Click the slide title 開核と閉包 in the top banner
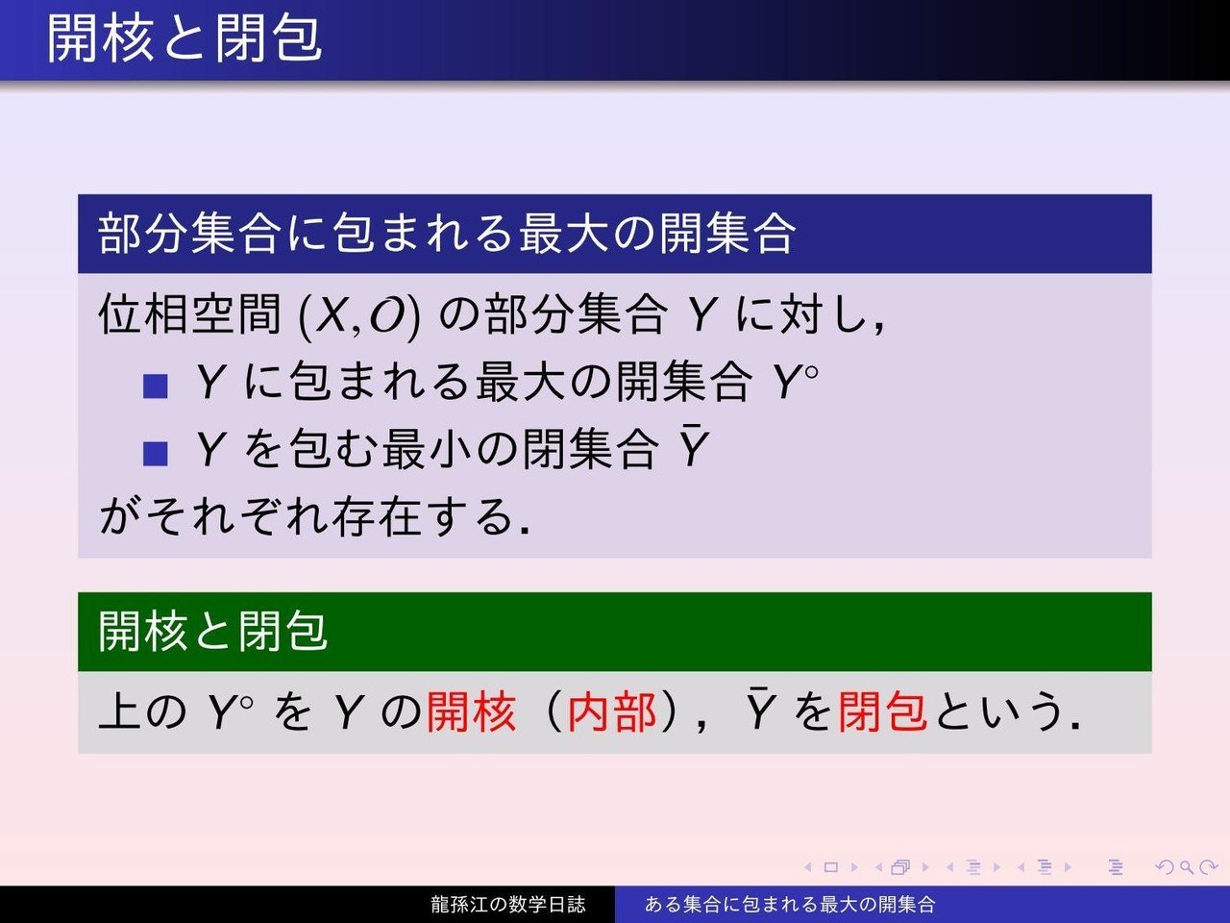[184, 38]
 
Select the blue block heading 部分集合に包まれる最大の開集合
[447, 234]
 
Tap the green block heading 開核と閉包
[212, 631]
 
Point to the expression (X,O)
[359, 315]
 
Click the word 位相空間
[189, 314]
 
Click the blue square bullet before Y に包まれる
[156, 387]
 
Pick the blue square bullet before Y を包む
[156, 454]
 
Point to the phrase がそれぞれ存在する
[314, 516]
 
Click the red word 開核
[471, 711]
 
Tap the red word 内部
[612, 711]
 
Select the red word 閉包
[882, 711]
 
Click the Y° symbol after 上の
[231, 711]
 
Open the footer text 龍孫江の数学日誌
[508, 904]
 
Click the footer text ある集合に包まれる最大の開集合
[790, 904]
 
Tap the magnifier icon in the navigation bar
[1187, 868]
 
